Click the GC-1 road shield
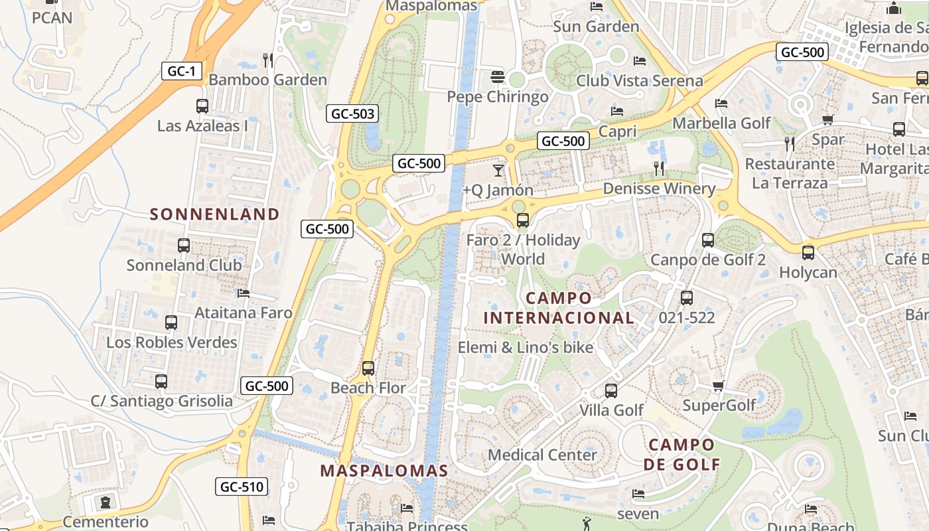tap(181, 71)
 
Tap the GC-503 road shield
tap(352, 114)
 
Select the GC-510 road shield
tap(242, 487)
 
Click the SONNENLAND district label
tap(214, 214)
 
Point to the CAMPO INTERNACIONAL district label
tap(558, 308)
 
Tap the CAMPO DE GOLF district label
tap(681, 455)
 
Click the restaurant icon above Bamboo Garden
tap(268, 60)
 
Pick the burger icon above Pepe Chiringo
tap(498, 77)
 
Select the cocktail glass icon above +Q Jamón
tap(498, 171)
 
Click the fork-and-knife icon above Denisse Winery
tap(659, 169)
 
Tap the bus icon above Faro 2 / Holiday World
tap(523, 220)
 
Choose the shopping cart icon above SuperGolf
tap(718, 386)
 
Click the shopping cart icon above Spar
tap(827, 120)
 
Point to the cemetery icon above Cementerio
tap(105, 502)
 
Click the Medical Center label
tap(542, 455)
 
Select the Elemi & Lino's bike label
tap(526, 346)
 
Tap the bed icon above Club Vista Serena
tap(640, 61)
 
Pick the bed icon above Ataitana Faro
tap(244, 293)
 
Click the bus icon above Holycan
tap(808, 252)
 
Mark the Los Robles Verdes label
tap(172, 342)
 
